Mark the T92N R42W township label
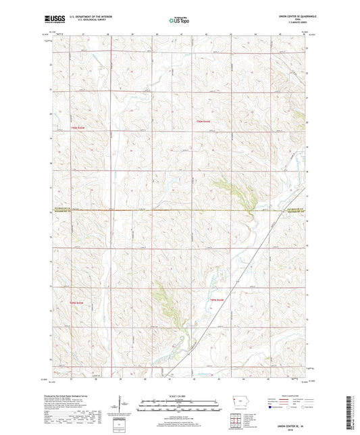(x=215, y=299)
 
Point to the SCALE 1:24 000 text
(x=179, y=395)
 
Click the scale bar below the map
(x=179, y=407)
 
